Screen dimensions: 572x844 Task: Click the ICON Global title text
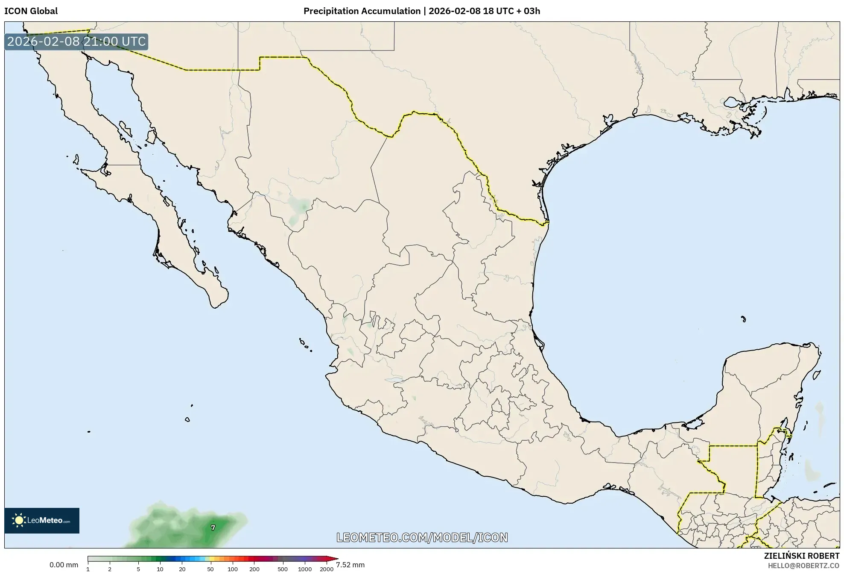[x=31, y=11]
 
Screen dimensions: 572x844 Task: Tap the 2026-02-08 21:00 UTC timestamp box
[x=76, y=41]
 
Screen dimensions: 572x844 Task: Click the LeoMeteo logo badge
[x=42, y=520]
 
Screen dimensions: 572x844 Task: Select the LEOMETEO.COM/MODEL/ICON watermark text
[x=422, y=537]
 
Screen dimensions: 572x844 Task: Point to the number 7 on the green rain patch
[x=213, y=528]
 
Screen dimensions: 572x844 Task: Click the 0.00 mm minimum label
[x=64, y=565]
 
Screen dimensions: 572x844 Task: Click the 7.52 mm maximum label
[x=350, y=565]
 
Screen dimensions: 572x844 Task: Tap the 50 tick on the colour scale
[x=210, y=569]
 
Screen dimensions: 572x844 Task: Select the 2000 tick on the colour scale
[x=327, y=569]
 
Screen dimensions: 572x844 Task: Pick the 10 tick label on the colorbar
[x=160, y=569]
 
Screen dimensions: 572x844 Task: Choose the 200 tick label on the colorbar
[x=254, y=569]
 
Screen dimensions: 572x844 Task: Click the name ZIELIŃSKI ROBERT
[x=801, y=556]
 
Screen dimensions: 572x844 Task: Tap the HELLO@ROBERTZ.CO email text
[x=803, y=565]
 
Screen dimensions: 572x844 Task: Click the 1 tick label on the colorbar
[x=88, y=569]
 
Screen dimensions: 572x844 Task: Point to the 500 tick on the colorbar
[x=283, y=569]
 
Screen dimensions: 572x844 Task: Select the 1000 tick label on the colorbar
[x=305, y=569]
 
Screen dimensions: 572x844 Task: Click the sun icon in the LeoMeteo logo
[x=19, y=520]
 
